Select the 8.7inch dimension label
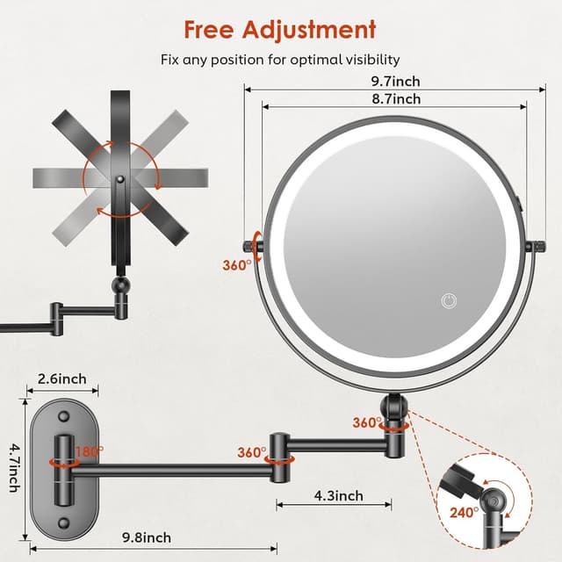click(x=394, y=99)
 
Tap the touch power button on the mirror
click(x=449, y=300)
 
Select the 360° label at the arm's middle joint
click(x=252, y=452)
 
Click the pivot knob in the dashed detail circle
click(x=494, y=502)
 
